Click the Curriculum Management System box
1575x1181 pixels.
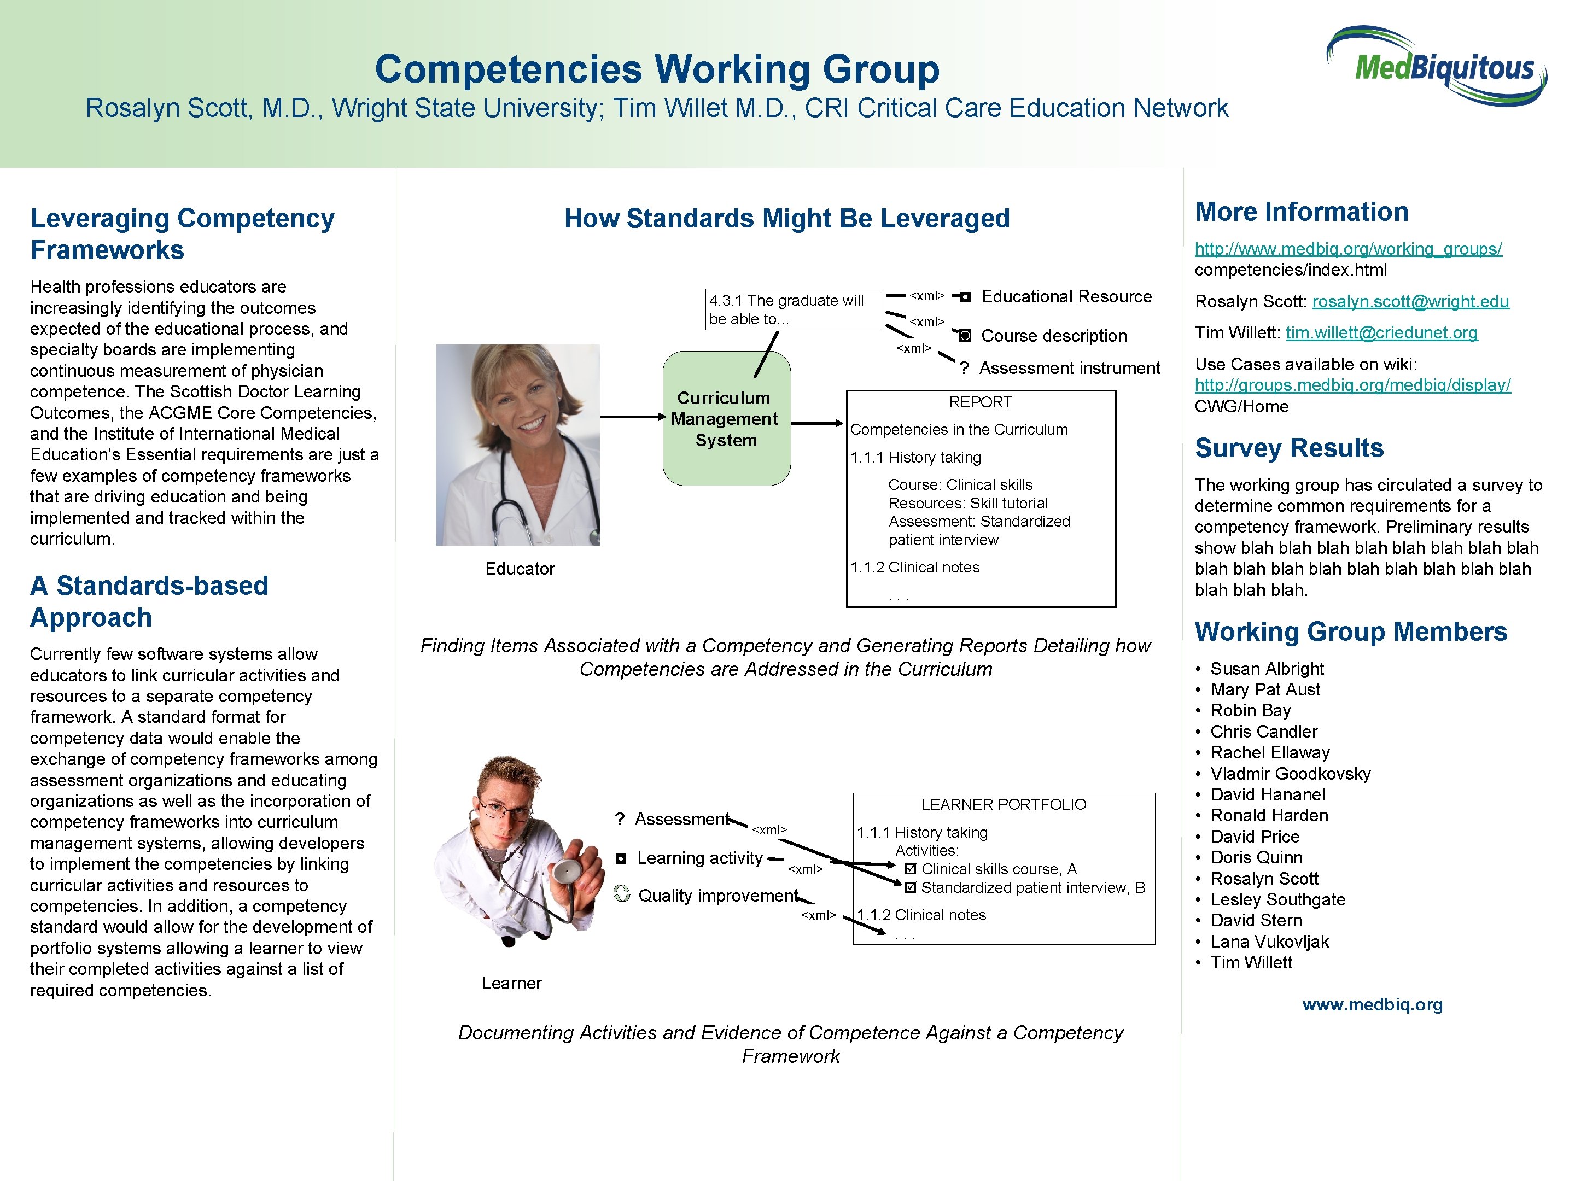(x=726, y=419)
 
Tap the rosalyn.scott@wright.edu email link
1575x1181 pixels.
(x=1410, y=301)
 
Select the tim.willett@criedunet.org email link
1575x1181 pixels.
(x=1381, y=332)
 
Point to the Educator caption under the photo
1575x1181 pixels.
(x=519, y=568)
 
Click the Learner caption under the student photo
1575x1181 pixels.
(x=511, y=983)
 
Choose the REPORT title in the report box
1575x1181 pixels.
(x=980, y=402)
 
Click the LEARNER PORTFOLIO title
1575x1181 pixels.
(x=1004, y=804)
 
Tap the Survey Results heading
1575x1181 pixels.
(x=1289, y=448)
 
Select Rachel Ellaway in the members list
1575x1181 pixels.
(x=1269, y=752)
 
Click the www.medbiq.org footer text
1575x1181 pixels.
(x=1372, y=1004)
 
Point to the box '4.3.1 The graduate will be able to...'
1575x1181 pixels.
(x=793, y=309)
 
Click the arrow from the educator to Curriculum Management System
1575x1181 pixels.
(x=632, y=417)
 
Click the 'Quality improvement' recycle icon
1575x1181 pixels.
(x=622, y=893)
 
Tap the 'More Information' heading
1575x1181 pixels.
(x=1301, y=212)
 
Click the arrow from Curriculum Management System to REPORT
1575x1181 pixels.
(x=818, y=424)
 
